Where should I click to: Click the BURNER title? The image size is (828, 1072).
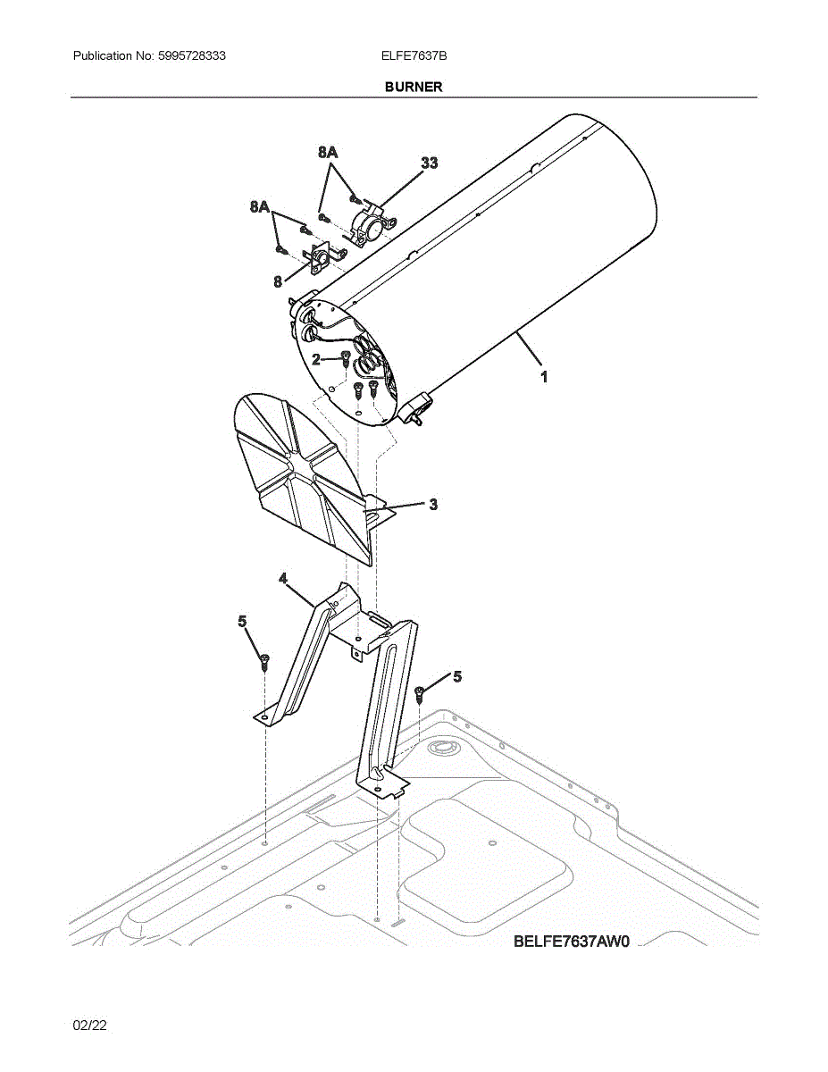point(414,87)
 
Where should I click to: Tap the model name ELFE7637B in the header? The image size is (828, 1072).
point(414,55)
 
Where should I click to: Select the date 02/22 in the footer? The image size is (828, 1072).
point(90,1026)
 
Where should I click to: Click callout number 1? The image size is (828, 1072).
point(543,377)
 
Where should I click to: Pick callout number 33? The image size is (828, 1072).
point(430,163)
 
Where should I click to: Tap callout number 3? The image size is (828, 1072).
point(433,505)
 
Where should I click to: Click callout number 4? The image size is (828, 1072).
point(283,579)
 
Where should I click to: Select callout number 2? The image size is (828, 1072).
point(317,359)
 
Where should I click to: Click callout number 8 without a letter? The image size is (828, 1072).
point(279,281)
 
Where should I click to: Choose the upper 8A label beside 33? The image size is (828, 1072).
point(328,153)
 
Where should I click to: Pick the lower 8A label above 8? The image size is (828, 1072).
point(260,207)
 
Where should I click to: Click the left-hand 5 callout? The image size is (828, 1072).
point(242,621)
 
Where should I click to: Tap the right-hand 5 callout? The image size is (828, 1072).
point(457,677)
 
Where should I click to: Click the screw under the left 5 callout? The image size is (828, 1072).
point(264,662)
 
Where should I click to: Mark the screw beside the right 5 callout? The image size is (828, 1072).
point(419,692)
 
